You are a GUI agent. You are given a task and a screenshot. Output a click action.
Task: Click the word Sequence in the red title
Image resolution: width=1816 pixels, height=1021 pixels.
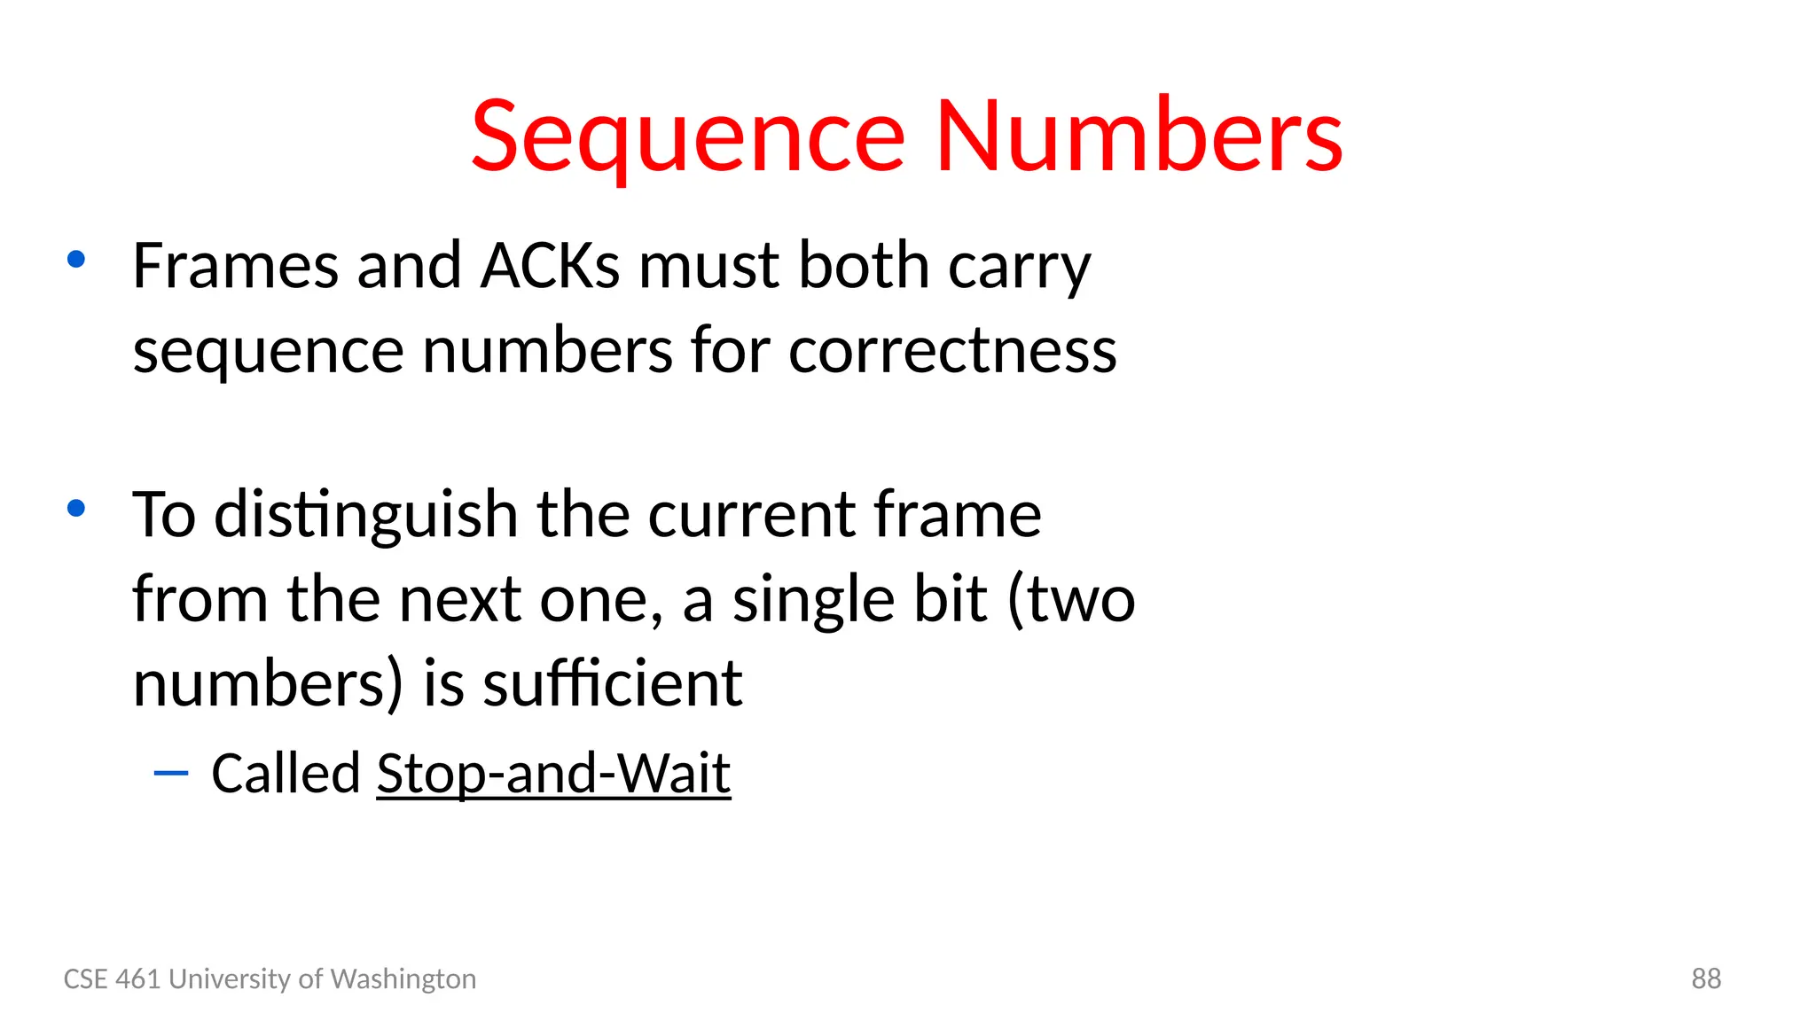pos(687,138)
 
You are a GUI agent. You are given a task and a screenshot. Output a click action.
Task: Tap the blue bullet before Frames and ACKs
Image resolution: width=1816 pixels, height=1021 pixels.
pos(76,260)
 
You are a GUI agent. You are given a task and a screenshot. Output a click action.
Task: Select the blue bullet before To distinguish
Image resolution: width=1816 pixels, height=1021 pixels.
pos(76,509)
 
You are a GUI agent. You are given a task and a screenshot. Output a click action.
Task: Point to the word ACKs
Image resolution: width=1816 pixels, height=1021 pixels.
pos(550,265)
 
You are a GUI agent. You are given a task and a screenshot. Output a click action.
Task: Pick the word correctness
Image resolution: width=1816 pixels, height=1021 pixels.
pos(952,351)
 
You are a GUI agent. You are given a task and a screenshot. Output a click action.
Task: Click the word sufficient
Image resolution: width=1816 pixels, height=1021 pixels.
pos(613,684)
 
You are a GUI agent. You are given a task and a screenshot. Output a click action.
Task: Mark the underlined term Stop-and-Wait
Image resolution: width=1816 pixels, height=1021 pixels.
pos(553,774)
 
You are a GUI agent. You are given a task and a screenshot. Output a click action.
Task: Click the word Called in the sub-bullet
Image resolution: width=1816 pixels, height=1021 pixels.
pos(286,773)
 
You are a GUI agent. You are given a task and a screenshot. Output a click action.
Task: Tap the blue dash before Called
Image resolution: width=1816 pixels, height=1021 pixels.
pos(171,774)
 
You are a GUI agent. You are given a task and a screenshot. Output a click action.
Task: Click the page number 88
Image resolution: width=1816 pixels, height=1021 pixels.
pos(1706,978)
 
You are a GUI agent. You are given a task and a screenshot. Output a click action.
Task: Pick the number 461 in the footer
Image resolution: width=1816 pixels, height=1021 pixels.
pos(138,978)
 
